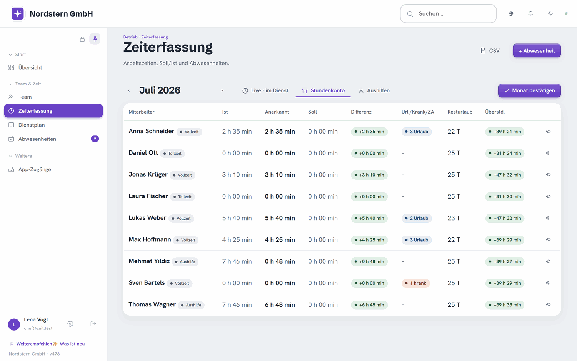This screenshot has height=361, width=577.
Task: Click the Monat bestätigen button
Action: coord(529,90)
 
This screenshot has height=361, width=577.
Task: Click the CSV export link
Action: coord(490,51)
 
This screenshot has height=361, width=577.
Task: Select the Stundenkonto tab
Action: coord(323,90)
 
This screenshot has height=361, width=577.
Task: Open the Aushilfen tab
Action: coord(374,90)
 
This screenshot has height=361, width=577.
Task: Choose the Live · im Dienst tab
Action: coord(265,90)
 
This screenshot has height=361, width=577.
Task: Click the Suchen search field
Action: coord(448,13)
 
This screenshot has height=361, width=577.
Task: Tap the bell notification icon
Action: coord(530,13)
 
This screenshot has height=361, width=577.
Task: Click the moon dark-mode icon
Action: coord(550,13)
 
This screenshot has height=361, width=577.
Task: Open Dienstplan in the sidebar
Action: coord(32,125)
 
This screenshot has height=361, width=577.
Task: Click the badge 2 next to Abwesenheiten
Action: coord(95,139)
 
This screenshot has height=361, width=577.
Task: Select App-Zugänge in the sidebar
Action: coord(35,169)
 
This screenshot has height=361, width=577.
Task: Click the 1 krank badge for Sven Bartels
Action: coord(415,283)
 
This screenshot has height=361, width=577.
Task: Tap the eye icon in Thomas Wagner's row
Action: coord(548,304)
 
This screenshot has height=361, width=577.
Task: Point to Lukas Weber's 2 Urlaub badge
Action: coord(416,218)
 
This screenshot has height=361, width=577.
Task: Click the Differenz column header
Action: coord(361,112)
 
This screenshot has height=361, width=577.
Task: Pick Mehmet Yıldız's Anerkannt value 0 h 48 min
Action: coord(280,261)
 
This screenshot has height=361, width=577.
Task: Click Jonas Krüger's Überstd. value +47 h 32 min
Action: coord(505,175)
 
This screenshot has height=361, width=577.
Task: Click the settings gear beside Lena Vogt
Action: coord(70,324)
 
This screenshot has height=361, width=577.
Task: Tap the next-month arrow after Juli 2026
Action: coord(222,90)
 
